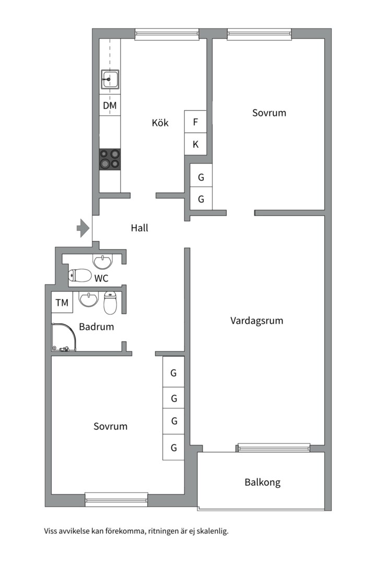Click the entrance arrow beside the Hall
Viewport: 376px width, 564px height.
coord(83,228)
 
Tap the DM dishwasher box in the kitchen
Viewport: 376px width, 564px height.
coord(110,105)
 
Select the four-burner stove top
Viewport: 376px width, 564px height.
coord(110,159)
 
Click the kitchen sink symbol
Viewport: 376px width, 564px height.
coord(110,79)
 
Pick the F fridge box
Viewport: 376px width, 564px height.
coord(195,122)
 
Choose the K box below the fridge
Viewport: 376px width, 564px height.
coord(195,144)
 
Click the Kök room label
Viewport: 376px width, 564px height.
coord(160,123)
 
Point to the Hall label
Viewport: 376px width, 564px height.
coord(139,228)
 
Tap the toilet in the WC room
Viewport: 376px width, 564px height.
coord(80,276)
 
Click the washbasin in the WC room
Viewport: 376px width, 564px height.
coord(103,262)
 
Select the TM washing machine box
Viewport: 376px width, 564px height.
coord(62,302)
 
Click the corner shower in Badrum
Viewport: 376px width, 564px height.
coord(64,337)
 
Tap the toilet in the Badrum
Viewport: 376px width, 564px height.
coord(110,302)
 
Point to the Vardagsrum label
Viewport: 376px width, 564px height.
coord(256,321)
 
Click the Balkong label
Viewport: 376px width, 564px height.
coord(263,483)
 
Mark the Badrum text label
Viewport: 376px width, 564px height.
coord(97,326)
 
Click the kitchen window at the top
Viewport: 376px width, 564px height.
coord(167,34)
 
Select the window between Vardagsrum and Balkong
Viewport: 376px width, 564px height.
coord(274,448)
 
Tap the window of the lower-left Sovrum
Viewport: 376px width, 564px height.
coord(116,499)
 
